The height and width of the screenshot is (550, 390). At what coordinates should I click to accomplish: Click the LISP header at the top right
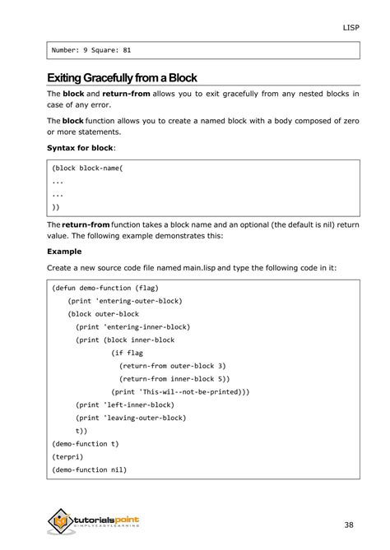[351, 27]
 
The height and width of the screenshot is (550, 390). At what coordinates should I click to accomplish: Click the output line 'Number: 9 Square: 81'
[91, 50]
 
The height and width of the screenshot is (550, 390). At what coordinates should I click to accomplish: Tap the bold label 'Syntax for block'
[81, 147]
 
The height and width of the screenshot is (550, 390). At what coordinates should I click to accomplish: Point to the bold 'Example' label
[63, 252]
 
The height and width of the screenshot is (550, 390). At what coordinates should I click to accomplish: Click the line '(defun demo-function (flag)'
[104, 289]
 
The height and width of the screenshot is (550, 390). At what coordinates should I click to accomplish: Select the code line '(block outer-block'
[104, 314]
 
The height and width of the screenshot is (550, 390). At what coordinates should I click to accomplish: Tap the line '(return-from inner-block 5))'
[174, 378]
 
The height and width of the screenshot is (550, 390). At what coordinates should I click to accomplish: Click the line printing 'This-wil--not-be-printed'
[180, 391]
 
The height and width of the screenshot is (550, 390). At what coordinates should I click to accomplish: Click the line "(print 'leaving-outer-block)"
[130, 418]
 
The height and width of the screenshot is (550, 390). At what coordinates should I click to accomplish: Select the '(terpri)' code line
[67, 456]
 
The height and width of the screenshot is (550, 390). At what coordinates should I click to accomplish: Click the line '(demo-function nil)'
[89, 469]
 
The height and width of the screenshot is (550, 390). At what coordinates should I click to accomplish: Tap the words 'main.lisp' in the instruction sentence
[202, 267]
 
